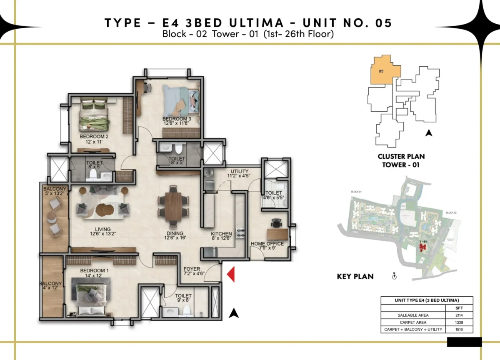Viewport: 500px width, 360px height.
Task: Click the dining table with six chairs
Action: coord(172,204)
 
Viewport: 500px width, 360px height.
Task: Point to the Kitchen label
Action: coord(221,236)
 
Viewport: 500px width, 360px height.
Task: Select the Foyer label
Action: coord(192,271)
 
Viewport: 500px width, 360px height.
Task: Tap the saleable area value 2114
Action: coord(459,315)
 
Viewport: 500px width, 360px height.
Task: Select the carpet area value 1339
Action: coord(459,322)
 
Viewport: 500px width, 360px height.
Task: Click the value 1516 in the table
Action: coord(459,330)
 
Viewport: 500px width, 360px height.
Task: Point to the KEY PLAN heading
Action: coord(355,276)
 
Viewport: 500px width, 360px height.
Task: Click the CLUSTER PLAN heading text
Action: coord(401,157)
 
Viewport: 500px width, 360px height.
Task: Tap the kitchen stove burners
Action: coord(240,232)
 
